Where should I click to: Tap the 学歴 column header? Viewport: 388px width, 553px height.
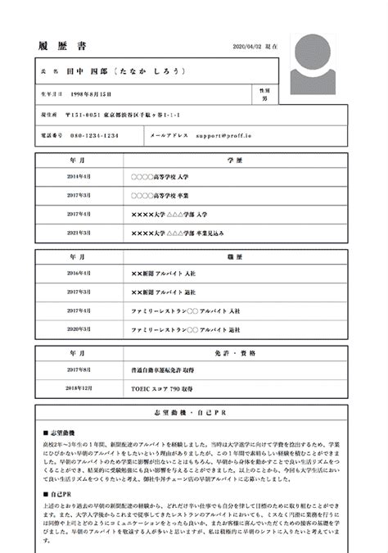coord(234,160)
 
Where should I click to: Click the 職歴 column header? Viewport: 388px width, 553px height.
coord(234,256)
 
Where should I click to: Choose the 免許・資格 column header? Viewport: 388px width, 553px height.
coord(234,353)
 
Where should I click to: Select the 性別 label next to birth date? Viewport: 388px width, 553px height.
coord(264,90)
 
